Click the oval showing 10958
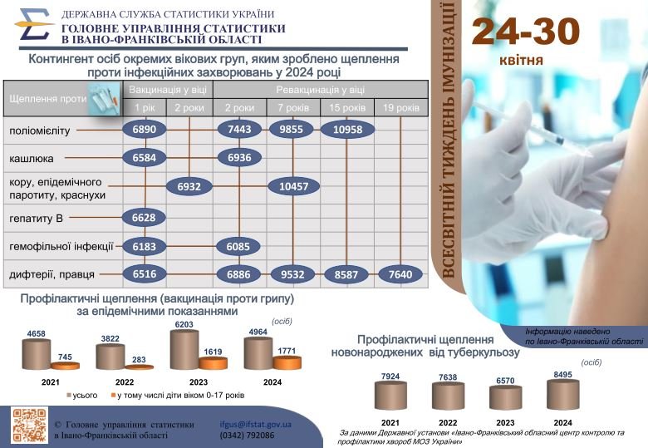click(x=347, y=130)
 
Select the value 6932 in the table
click(x=189, y=186)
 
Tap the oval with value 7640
click(x=400, y=274)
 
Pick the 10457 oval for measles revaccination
click(x=294, y=186)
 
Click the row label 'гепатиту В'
click(x=36, y=218)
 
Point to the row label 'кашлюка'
click(x=31, y=158)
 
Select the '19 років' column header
click(x=401, y=108)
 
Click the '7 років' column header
click(x=293, y=108)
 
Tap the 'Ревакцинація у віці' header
click(x=321, y=90)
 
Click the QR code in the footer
click(x=29, y=426)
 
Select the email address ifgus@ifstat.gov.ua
click(x=255, y=425)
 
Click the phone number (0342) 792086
click(x=247, y=436)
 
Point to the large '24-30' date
click(x=526, y=31)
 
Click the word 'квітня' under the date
click(x=521, y=61)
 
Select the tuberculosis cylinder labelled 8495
click(x=563, y=395)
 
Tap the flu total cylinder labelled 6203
click(x=184, y=350)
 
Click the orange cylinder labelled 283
click(x=139, y=367)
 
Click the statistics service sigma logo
click(x=34, y=25)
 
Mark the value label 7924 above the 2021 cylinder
click(x=390, y=377)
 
